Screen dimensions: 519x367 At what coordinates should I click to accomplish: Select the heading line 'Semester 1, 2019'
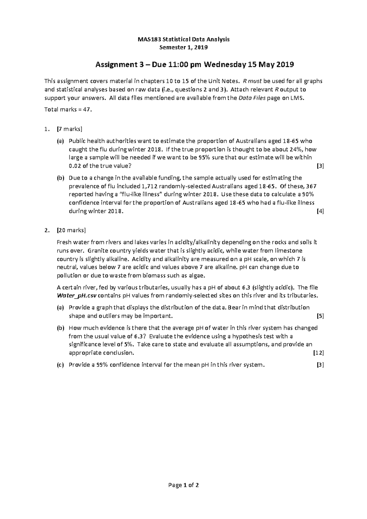(x=183, y=47)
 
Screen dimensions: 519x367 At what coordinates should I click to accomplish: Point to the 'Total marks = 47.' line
(x=68, y=110)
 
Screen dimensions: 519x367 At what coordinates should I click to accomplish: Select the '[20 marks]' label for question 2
(x=71, y=230)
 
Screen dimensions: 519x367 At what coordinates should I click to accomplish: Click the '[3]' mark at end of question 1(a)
(x=320, y=166)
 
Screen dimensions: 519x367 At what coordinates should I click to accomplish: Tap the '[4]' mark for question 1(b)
(x=320, y=211)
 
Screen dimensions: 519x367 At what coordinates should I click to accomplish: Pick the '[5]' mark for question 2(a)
(x=320, y=316)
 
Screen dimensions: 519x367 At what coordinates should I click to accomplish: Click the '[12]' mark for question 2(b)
(x=319, y=353)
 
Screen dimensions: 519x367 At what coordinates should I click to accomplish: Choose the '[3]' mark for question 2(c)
(x=320, y=365)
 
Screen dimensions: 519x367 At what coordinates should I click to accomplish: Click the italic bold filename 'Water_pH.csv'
(x=76, y=296)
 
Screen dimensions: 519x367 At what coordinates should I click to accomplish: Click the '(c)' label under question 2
(x=60, y=365)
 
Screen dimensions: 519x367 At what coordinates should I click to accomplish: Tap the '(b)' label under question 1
(x=60, y=178)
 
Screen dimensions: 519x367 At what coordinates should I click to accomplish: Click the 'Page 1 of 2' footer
(x=183, y=485)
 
